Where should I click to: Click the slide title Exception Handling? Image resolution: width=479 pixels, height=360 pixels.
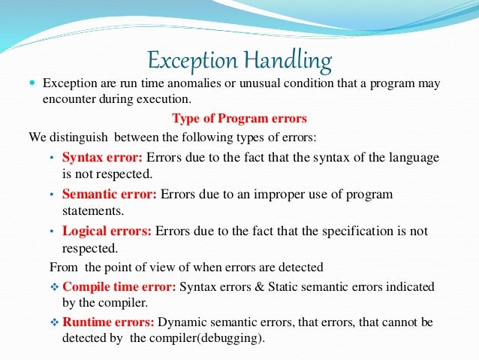point(239,58)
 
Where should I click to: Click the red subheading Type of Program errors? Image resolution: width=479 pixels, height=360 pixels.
point(239,118)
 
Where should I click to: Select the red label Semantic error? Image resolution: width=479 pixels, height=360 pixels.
point(109,194)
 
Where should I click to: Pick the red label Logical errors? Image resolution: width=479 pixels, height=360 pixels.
point(107,231)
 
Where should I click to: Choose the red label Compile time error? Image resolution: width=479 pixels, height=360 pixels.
point(120,286)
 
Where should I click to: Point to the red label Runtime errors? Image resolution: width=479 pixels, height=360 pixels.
point(109,322)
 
